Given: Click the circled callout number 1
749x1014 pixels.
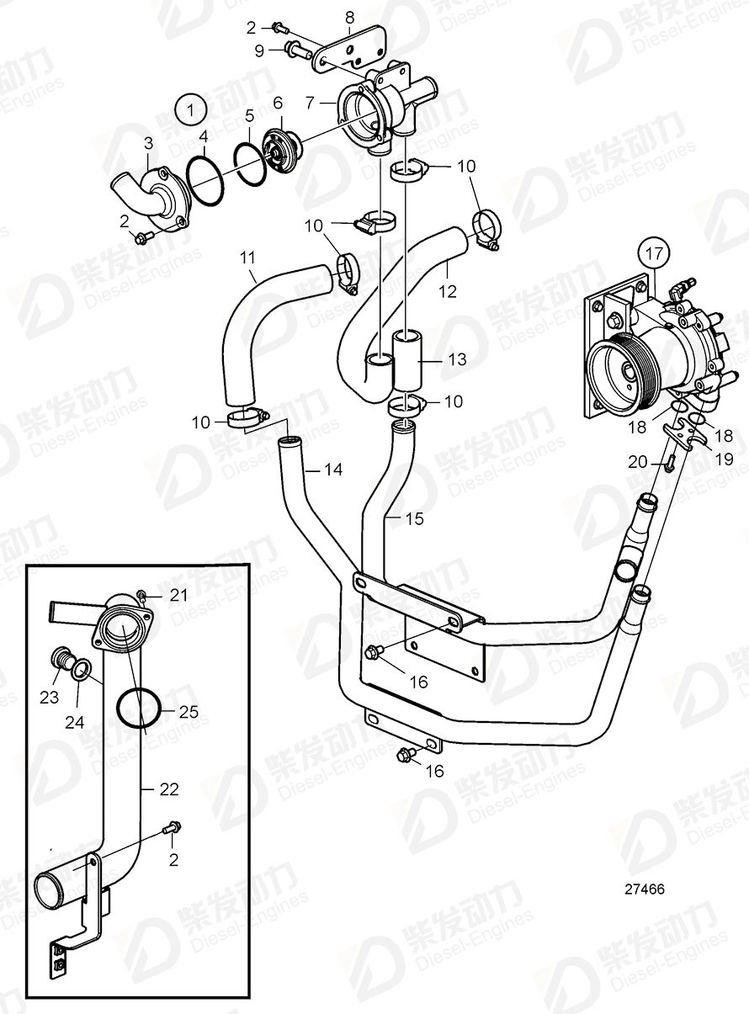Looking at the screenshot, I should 191,110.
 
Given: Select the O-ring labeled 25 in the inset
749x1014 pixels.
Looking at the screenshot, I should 138,707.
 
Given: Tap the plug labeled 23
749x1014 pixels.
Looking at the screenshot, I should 61,658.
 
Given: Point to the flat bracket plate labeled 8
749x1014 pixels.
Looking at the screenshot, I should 349,49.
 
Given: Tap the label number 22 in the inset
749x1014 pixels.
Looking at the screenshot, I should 171,789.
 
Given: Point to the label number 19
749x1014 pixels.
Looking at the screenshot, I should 723,459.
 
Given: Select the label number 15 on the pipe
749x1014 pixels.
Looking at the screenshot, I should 414,518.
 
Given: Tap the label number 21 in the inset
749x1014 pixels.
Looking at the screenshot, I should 178,595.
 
